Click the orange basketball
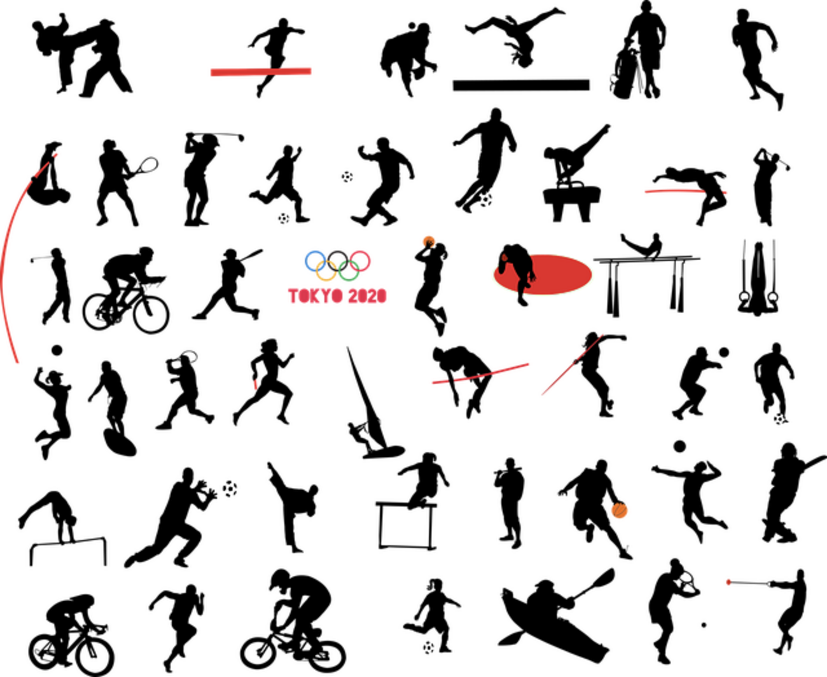click(620, 512)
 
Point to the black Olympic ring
click(337, 260)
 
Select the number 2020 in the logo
click(368, 297)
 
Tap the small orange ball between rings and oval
click(429, 240)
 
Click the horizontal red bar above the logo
click(261, 72)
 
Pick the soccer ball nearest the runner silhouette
click(486, 202)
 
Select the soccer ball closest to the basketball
click(778, 421)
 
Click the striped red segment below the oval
click(511, 368)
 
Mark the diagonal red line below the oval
click(571, 365)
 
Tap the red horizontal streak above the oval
click(673, 191)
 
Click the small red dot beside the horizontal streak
click(726, 192)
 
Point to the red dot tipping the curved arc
click(57, 155)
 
